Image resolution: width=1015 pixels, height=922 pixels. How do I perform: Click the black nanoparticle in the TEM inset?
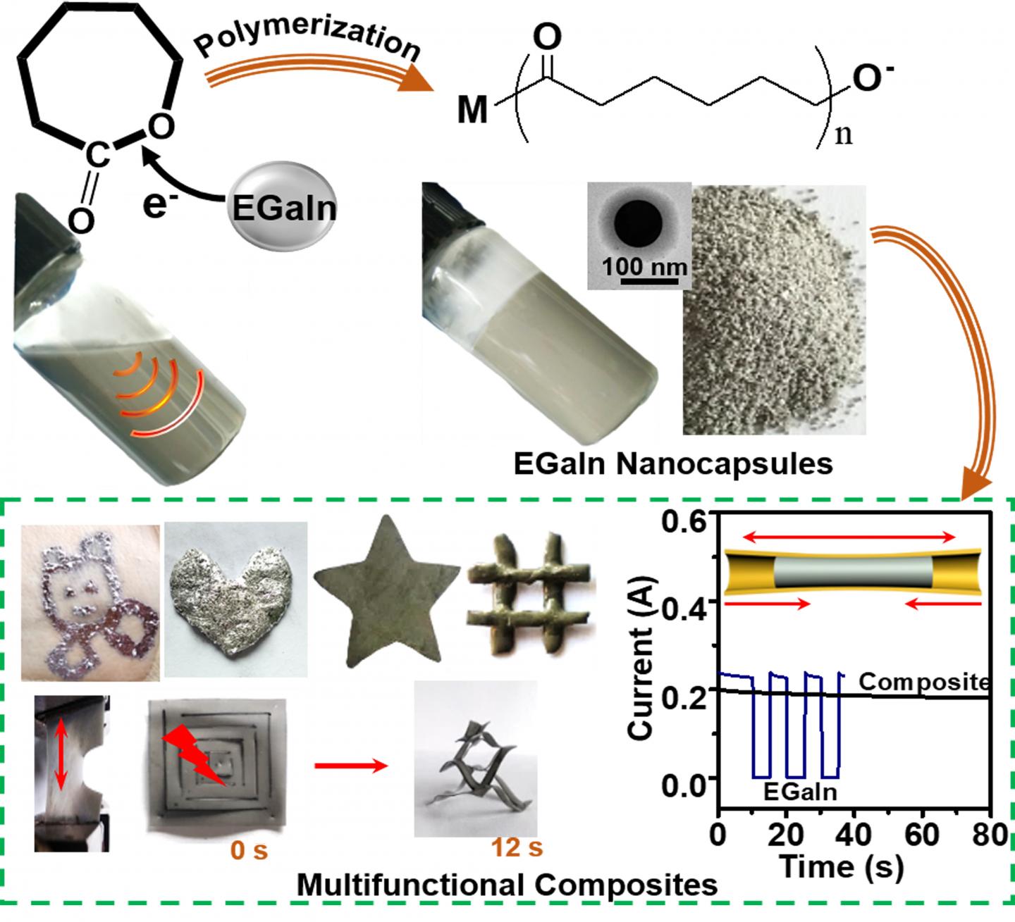point(639,225)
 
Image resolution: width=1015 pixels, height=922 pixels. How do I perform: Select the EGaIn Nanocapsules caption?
point(673,464)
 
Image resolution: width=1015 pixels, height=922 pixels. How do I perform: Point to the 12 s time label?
point(518,847)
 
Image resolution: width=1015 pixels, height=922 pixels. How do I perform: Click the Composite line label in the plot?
point(924,682)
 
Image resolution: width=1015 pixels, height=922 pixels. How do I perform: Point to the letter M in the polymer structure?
point(473,111)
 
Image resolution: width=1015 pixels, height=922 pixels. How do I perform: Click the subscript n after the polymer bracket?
point(843,134)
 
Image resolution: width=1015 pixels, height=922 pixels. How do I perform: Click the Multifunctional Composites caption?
point(507,885)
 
